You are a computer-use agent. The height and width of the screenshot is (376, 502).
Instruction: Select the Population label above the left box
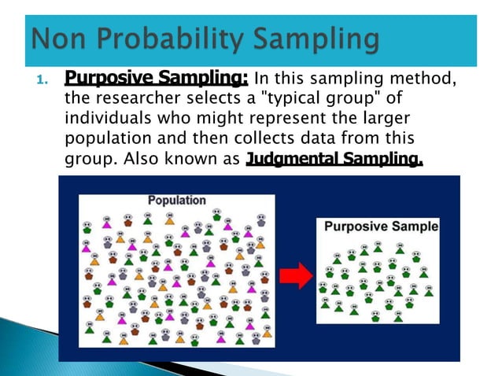point(176,200)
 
